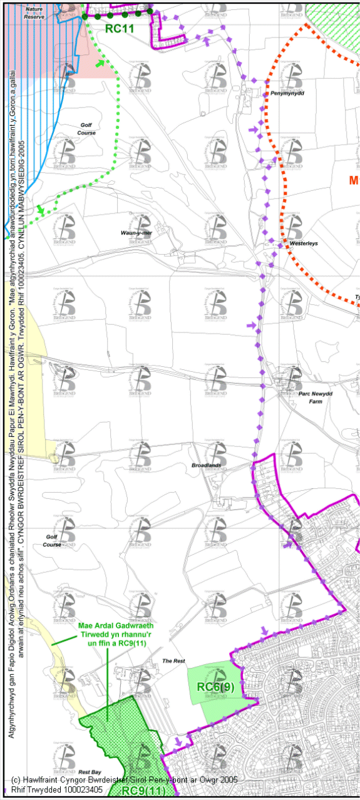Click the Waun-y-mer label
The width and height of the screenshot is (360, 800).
tap(136, 233)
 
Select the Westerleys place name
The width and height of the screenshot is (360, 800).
tap(304, 243)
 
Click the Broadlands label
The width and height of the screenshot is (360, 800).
tap(207, 466)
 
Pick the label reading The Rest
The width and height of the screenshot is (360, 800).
tap(173, 661)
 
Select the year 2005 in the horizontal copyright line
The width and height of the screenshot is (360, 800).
tap(228, 780)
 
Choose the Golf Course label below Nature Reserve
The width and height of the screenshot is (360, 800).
tap(86, 129)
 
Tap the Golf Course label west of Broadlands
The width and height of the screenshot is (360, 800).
tap(53, 540)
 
